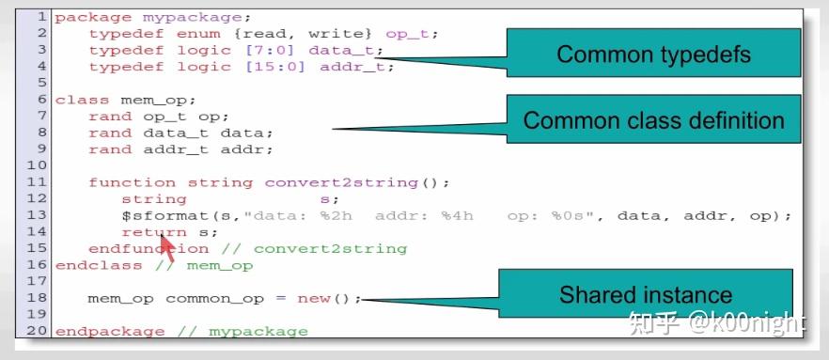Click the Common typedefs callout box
(x=653, y=55)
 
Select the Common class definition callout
(x=653, y=120)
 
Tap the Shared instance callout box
(x=645, y=295)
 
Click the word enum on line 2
(x=196, y=34)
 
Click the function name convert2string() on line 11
(x=356, y=182)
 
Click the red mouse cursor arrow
(x=166, y=248)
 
